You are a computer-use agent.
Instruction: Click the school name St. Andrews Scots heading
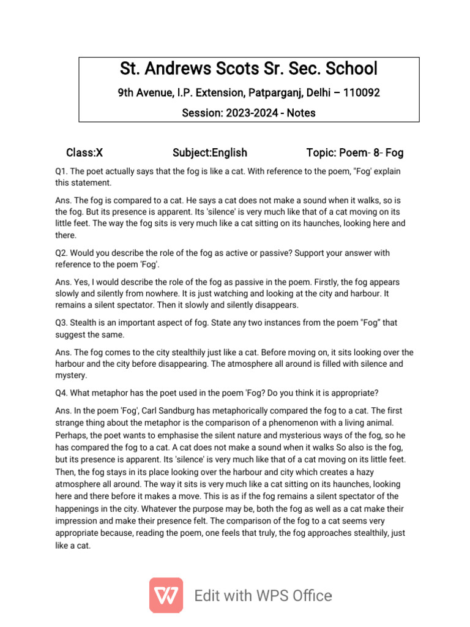tap(248, 69)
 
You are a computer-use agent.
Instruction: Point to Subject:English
tap(210, 152)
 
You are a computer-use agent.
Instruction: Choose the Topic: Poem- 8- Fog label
tap(354, 152)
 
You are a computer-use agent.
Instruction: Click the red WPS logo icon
tap(166, 595)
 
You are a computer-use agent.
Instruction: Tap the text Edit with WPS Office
tap(263, 596)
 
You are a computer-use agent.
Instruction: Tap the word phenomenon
tap(285, 422)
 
